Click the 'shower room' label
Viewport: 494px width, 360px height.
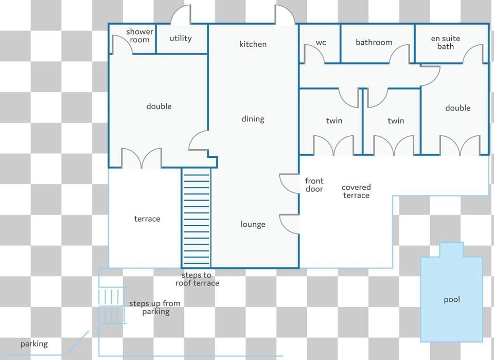[x=139, y=35]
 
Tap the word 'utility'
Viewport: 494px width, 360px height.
[x=181, y=39]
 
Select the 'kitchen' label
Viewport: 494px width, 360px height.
[x=253, y=44]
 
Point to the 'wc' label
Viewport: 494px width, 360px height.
[x=321, y=43]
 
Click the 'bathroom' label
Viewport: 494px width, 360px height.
[x=374, y=42]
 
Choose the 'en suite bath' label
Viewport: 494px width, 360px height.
[x=446, y=43]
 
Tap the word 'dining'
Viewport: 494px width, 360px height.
[x=253, y=119]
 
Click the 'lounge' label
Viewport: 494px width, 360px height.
[x=253, y=224]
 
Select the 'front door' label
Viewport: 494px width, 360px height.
[x=314, y=185]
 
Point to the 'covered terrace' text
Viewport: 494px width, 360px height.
[x=356, y=191]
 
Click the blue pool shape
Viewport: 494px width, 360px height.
[x=451, y=293]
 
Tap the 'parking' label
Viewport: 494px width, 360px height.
[x=34, y=344]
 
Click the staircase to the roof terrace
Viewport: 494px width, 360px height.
[x=196, y=218]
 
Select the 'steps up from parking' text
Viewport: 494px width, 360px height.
[x=155, y=308]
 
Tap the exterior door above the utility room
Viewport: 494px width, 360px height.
[x=181, y=14]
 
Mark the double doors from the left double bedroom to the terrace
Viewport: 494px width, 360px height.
[x=142, y=158]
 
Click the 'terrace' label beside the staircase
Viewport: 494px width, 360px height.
[x=147, y=219]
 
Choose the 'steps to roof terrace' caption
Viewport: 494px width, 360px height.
[x=197, y=279]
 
